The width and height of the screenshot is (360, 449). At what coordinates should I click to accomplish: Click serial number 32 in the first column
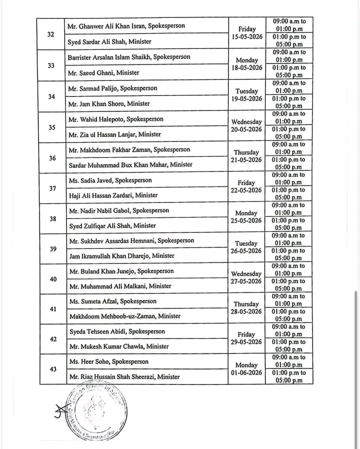pyautogui.click(x=51, y=34)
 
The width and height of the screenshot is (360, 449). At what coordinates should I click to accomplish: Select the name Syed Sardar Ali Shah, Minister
pyautogui.click(x=109, y=42)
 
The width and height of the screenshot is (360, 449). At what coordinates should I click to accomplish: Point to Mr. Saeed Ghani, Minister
pyautogui.click(x=103, y=72)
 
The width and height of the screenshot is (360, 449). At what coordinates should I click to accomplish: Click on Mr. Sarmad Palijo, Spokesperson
pyautogui.click(x=112, y=88)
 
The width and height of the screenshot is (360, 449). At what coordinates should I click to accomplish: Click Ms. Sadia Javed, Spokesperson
pyautogui.click(x=110, y=180)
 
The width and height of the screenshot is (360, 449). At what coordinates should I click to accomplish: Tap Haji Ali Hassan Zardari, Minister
pyautogui.click(x=112, y=195)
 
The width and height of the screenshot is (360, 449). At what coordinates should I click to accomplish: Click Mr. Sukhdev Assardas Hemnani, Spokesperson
pyautogui.click(x=131, y=240)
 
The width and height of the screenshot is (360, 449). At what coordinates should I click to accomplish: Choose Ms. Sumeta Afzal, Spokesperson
pyautogui.click(x=112, y=301)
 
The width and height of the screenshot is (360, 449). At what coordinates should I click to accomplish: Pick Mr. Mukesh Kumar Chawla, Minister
pyautogui.click(x=118, y=346)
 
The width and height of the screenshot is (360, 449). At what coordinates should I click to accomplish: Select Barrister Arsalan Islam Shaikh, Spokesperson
pyautogui.click(x=128, y=57)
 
